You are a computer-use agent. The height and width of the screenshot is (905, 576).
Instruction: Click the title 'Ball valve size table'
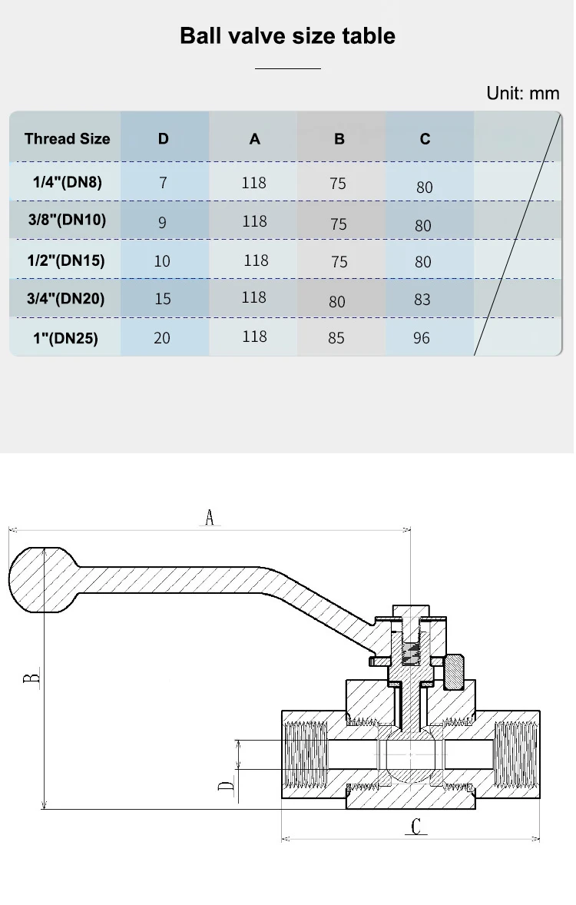pos(287,36)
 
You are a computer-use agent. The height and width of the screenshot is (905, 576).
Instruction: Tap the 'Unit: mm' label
pos(523,94)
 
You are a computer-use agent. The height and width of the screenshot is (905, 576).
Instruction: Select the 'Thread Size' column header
pos(67,139)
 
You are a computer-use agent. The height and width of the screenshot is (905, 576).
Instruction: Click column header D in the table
pos(163,139)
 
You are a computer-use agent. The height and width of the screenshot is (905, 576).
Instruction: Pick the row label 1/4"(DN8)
pos(67,183)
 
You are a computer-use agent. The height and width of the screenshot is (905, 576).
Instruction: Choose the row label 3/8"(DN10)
pos(67,220)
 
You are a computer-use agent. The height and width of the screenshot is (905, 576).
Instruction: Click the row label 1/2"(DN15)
pos(66,260)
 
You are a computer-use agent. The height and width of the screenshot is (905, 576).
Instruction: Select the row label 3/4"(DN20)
pos(66,298)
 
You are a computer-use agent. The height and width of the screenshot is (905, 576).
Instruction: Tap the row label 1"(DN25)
pos(66,338)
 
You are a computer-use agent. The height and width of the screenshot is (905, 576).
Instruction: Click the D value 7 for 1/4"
pos(163,184)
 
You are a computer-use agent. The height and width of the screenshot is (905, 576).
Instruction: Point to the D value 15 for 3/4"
pos(163,298)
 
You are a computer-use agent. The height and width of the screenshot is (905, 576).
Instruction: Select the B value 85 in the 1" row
pos(336,338)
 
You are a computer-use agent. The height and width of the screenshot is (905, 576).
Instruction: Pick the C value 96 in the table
pos(422,338)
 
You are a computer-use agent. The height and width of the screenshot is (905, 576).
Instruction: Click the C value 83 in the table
pos(422,300)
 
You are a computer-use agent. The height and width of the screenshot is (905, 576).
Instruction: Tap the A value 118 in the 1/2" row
pos(256,260)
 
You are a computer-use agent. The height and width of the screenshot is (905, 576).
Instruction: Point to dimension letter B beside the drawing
pos(31,678)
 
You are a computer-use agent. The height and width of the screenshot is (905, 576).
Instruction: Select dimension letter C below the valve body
pos(415,827)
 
